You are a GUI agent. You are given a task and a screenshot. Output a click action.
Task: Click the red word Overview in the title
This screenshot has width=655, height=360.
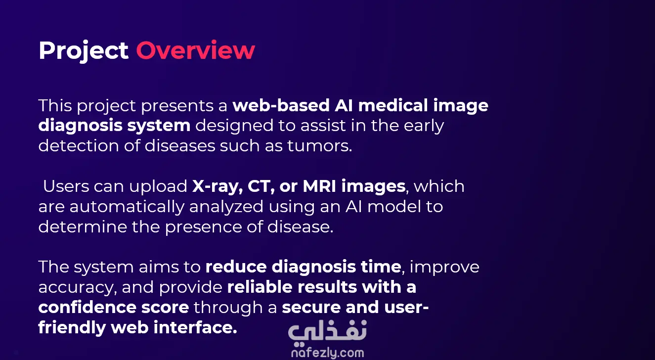pyautogui.click(x=195, y=50)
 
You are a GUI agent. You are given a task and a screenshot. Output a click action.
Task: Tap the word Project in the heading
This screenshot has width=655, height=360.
pyautogui.click(x=84, y=51)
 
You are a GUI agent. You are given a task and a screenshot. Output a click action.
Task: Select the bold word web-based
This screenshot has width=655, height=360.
pyautogui.click(x=281, y=105)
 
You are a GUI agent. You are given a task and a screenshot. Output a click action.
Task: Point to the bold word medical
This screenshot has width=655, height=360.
pyautogui.click(x=393, y=105)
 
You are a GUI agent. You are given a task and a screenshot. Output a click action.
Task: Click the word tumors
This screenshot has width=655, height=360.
pyautogui.click(x=320, y=146)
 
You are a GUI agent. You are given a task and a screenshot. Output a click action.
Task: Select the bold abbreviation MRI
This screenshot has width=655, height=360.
pyautogui.click(x=319, y=186)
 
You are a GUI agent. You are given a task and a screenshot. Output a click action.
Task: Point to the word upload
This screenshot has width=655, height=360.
pyautogui.click(x=158, y=187)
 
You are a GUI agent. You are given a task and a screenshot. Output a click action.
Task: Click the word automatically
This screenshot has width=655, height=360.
pyautogui.click(x=126, y=207)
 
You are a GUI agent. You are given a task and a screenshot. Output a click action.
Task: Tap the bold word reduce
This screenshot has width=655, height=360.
pyautogui.click(x=236, y=267)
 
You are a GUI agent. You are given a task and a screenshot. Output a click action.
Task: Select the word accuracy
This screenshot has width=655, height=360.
pyautogui.click(x=78, y=288)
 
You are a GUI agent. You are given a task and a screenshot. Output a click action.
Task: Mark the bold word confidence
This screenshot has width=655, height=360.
pyautogui.click(x=87, y=307)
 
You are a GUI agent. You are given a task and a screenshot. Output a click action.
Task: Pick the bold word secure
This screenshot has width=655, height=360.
pyautogui.click(x=311, y=308)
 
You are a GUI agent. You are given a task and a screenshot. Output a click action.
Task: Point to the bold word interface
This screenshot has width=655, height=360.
pyautogui.click(x=195, y=327)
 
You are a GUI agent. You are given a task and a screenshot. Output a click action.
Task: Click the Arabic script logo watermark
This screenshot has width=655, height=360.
pyautogui.click(x=327, y=332)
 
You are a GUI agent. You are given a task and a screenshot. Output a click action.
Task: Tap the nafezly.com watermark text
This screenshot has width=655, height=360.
pyautogui.click(x=328, y=353)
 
